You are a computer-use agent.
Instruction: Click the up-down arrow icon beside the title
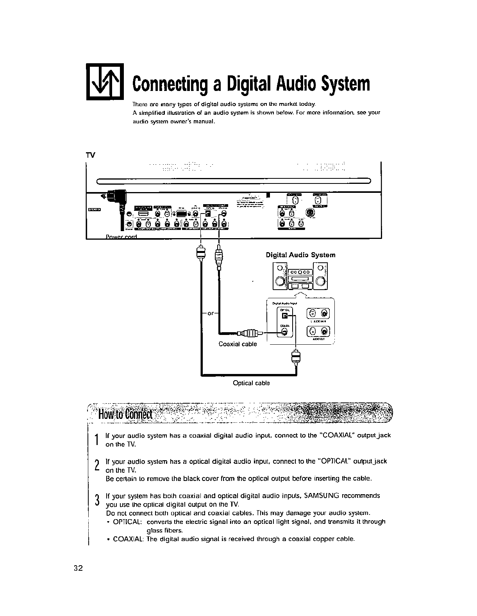coord(104,81)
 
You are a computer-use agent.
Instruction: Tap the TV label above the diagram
coord(90,154)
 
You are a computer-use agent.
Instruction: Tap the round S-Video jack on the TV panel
coord(311,212)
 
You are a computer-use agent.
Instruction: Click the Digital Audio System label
coord(300,255)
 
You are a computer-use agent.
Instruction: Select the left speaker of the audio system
coord(280,277)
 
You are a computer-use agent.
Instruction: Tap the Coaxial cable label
coord(238,344)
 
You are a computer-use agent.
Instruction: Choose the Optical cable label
coord(251,383)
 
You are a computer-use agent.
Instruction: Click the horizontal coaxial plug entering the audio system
coord(249,333)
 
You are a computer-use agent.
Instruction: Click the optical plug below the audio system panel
coord(296,356)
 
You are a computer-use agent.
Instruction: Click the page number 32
coord(78,568)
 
